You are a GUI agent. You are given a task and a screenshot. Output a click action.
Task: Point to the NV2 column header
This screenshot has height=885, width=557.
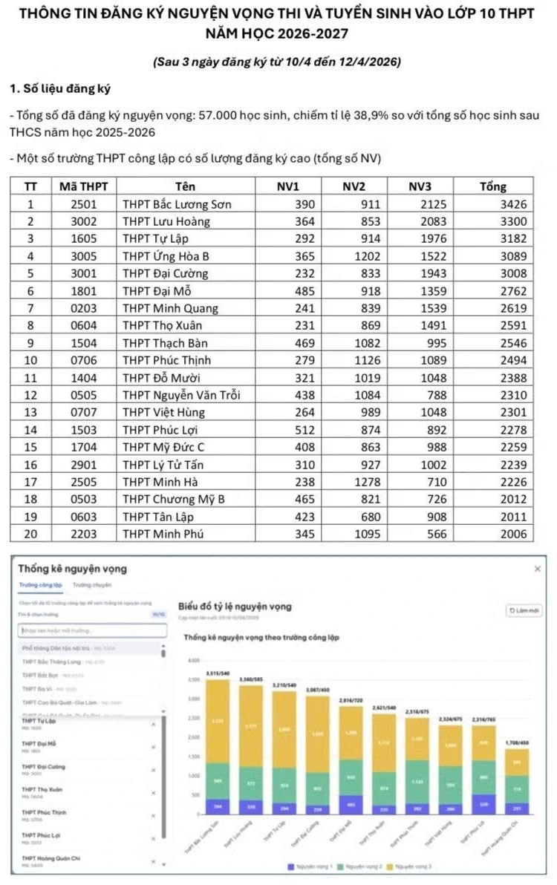tap(354, 186)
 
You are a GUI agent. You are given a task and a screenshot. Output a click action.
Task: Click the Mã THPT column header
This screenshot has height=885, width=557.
tap(83, 186)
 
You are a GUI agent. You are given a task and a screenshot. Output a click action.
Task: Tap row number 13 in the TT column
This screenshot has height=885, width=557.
tap(30, 413)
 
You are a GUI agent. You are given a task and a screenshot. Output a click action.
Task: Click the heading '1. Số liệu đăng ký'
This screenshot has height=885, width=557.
tap(59, 89)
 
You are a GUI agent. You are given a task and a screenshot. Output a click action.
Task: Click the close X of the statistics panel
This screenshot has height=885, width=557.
tap(538, 569)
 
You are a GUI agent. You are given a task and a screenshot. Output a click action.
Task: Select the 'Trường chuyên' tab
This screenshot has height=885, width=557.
tap(88, 586)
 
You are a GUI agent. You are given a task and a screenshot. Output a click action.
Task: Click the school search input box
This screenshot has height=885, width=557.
tap(92, 630)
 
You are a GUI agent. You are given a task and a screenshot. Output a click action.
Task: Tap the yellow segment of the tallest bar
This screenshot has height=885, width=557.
tap(218, 720)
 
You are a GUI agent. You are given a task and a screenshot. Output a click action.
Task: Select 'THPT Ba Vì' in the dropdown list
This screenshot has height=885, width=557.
tap(37, 688)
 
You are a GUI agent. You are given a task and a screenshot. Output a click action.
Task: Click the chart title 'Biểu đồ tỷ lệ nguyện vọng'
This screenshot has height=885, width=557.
tap(235, 607)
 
